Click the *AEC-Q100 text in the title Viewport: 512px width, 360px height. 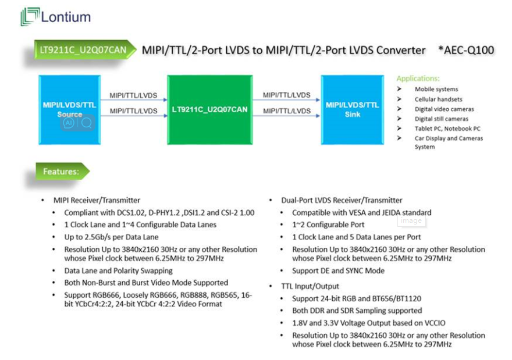tap(466, 50)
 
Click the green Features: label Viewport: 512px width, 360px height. tap(61, 172)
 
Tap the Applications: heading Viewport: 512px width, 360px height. tap(418, 79)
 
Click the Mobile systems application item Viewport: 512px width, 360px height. tap(436, 90)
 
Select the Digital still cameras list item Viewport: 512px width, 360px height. tap(441, 119)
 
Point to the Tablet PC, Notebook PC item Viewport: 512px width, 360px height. tap(447, 129)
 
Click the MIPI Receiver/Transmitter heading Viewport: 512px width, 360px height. tap(96, 200)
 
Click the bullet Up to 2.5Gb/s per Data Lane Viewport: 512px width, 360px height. tap(111, 237)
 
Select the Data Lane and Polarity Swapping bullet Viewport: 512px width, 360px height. tap(118, 270)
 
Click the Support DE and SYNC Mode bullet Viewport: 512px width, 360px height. tap(338, 270)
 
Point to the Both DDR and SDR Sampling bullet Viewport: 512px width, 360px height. tap(357, 311)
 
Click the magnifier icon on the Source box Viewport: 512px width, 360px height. tap(86, 123)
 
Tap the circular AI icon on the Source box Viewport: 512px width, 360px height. tap(69, 123)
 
